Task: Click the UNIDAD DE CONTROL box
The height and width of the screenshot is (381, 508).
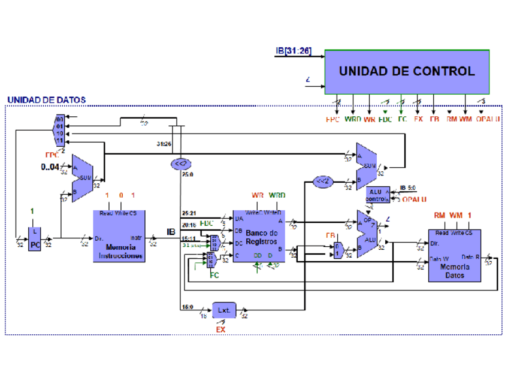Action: coord(407,71)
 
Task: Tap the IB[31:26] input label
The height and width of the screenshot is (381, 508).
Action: coord(294,51)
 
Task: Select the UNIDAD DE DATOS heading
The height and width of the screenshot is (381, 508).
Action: coord(46,99)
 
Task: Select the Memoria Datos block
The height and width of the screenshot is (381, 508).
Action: coord(454,255)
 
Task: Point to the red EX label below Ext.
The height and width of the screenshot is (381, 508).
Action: coord(220,329)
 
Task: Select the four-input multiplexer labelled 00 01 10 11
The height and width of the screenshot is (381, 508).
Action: coord(59,131)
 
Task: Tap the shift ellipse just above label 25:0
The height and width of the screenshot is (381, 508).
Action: coord(180,163)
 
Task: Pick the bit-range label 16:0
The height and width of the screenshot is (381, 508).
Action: coord(187,306)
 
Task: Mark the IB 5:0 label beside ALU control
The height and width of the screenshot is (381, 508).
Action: coord(410,188)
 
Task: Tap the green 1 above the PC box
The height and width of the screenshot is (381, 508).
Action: coord(32,211)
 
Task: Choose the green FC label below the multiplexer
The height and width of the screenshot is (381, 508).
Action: coord(214,276)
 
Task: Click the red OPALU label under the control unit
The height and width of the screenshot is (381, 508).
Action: coord(488,119)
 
